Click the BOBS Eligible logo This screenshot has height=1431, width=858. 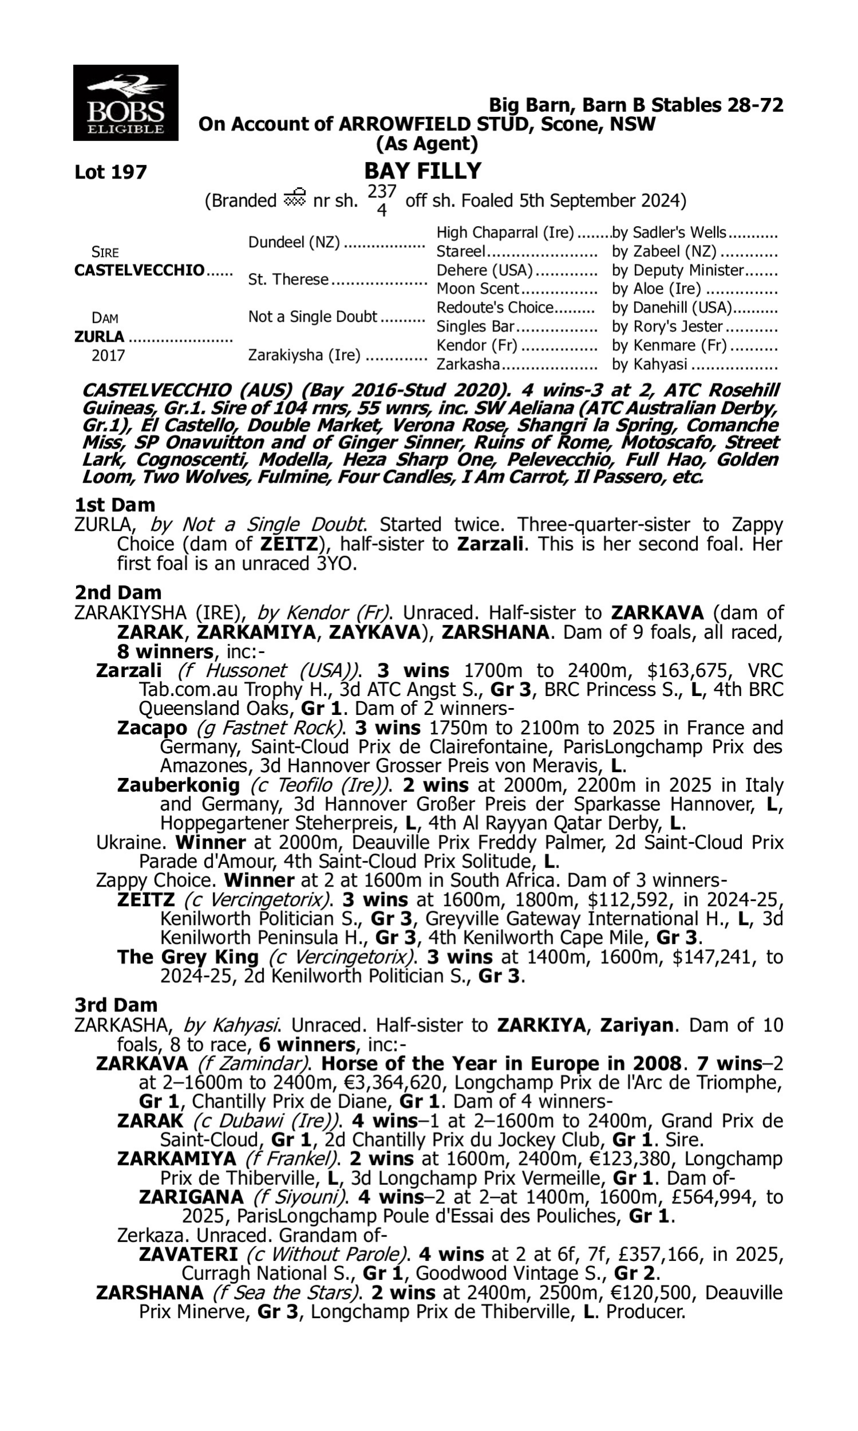click(125, 103)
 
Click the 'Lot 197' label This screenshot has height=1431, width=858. click(111, 172)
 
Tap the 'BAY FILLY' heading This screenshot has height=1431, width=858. click(423, 171)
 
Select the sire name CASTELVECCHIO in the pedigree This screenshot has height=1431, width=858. click(140, 270)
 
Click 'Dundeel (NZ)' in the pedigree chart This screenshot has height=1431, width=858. click(293, 242)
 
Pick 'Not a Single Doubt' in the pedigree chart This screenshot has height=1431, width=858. click(312, 317)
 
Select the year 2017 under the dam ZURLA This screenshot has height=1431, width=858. click(108, 355)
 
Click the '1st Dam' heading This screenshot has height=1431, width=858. click(114, 505)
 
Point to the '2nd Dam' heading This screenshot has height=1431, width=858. click(117, 592)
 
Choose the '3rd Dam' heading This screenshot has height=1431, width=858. click(116, 1005)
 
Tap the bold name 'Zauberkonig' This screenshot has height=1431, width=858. click(178, 785)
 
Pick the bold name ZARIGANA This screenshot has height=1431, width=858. click(191, 1196)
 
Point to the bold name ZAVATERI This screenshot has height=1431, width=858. click(188, 1254)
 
